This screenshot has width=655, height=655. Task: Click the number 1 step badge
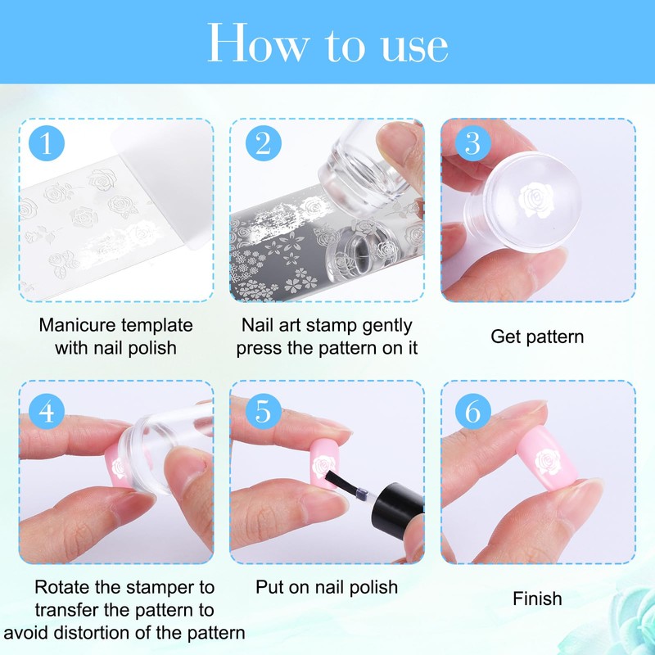pos(47,143)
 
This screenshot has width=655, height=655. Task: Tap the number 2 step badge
pos(263,143)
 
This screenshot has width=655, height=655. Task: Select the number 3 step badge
pos(473,143)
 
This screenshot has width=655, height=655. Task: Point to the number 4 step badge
pos(47,412)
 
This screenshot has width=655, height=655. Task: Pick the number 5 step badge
pos(263,412)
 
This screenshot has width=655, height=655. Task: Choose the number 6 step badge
pos(473,412)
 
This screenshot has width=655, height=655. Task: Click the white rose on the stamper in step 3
pos(535,200)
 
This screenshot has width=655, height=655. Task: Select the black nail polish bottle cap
pos(397,507)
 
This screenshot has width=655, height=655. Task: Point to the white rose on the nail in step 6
pos(548,463)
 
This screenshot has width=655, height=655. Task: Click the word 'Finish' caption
pos(537,599)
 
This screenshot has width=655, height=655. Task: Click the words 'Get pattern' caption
pos(537,337)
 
